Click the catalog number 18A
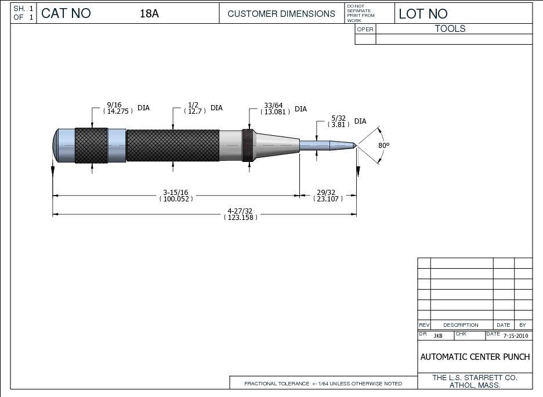[149, 13]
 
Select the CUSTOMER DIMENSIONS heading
[281, 13]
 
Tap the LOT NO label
[423, 14]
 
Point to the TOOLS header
[450, 28]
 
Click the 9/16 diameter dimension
[114, 108]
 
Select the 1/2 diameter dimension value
[193, 108]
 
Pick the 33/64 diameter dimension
[273, 109]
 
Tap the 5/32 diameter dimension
[339, 121]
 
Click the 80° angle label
[383, 145]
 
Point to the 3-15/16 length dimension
[176, 196]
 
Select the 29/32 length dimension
[327, 196]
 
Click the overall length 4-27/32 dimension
[240, 214]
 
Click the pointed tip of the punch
[354, 145]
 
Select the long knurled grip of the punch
[173, 145]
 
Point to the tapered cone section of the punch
[277, 145]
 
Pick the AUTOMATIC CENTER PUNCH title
[475, 357]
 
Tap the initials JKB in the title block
[438, 336]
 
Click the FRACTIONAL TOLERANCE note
[323, 384]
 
